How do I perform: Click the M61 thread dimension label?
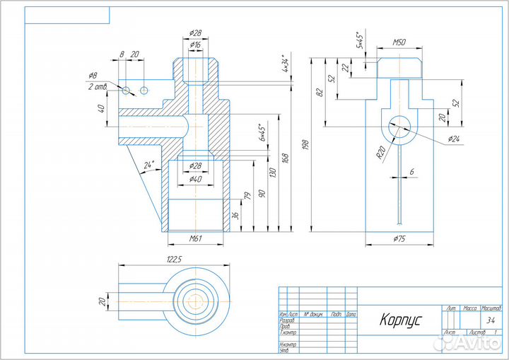pos(196,238)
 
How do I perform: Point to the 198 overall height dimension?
pos(305,144)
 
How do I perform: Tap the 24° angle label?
pos(148,165)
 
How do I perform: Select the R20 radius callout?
pos(380,153)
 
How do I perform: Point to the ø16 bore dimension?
pos(196,44)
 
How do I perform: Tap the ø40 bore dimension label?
pos(196,179)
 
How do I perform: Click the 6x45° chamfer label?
pos(261,132)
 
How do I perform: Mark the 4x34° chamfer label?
pos(286,64)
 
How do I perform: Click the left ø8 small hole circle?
pos(126,91)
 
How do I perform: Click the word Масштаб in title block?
pos(491,309)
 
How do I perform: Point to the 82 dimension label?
pos(319,93)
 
